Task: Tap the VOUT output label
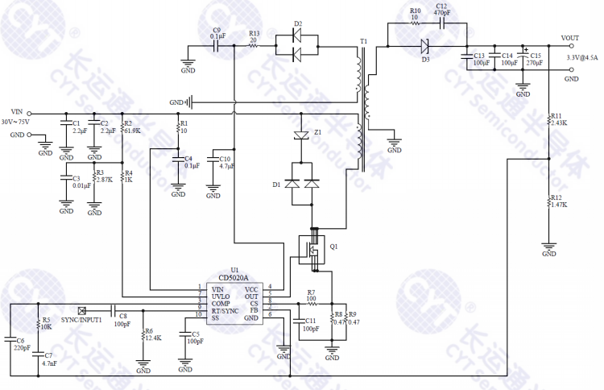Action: (570, 37)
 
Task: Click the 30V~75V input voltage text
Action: (17, 122)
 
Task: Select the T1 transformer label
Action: (364, 40)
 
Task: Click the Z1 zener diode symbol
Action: (301, 135)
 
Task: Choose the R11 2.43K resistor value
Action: (560, 123)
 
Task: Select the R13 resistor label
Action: (254, 33)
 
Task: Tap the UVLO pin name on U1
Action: (220, 297)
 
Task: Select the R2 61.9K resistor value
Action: (132, 130)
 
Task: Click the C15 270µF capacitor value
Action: (535, 63)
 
